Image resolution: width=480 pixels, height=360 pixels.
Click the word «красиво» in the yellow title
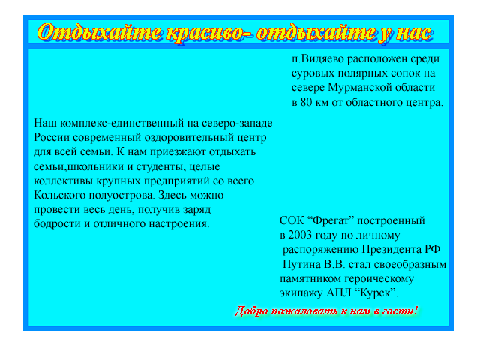click(x=208, y=33)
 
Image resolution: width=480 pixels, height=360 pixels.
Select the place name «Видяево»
click(x=322, y=58)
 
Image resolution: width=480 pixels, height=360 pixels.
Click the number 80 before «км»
click(x=306, y=102)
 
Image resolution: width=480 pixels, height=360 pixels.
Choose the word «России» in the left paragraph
click(x=52, y=137)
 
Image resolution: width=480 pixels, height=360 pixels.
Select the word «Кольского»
click(x=60, y=195)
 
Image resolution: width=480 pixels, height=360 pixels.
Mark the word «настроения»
click(x=179, y=223)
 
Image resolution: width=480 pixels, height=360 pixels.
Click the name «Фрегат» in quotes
click(x=331, y=220)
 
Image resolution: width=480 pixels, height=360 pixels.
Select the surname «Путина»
click(x=301, y=264)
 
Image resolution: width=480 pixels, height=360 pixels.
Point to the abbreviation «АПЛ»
click(x=339, y=293)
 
